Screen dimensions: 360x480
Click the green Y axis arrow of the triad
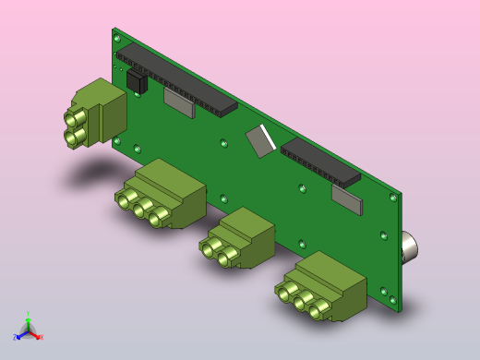click(x=28, y=318)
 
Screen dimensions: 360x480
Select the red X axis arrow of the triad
click(x=37, y=336)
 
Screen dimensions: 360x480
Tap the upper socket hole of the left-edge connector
click(x=71, y=118)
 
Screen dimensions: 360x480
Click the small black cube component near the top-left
click(x=137, y=81)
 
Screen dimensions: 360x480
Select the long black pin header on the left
click(x=175, y=78)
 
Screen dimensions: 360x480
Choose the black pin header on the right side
click(x=320, y=162)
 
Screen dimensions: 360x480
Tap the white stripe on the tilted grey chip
click(x=268, y=136)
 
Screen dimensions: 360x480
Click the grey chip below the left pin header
click(x=179, y=102)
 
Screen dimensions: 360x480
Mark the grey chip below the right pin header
click(x=347, y=199)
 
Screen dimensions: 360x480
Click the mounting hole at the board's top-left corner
click(x=116, y=39)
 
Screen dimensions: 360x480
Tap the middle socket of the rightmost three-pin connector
click(x=303, y=300)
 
